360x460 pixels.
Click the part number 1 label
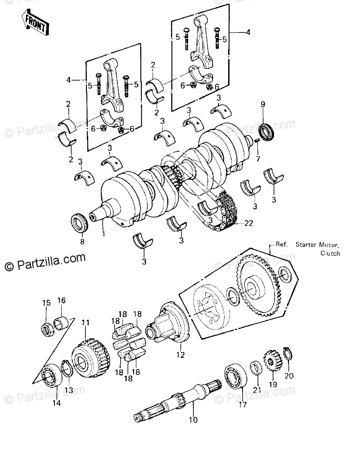pos(103,234)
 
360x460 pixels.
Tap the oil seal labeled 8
pos(81,223)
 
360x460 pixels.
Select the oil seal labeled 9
pos(268,132)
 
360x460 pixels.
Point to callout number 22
pos(248,223)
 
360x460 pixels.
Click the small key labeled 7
pos(256,141)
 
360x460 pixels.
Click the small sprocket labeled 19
pos(272,361)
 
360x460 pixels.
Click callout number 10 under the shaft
pos(193,421)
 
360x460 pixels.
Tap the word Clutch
pos(330,253)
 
